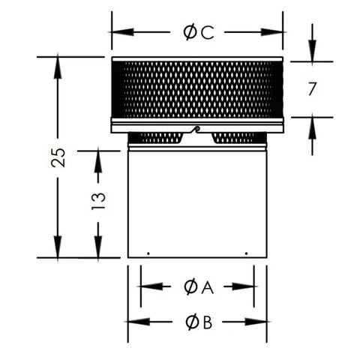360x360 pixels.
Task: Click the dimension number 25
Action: click(x=58, y=157)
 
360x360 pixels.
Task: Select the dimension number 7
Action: click(x=312, y=88)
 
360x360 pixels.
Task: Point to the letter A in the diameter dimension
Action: click(x=208, y=286)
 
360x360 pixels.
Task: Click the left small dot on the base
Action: click(x=148, y=253)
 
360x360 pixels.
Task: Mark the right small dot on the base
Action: click(x=247, y=253)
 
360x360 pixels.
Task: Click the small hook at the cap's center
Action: click(x=196, y=130)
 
